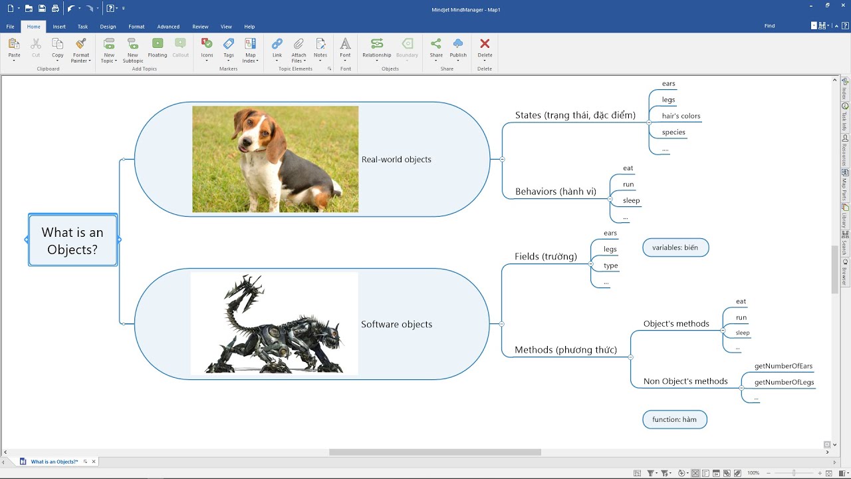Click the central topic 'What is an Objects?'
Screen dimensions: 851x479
click(x=72, y=240)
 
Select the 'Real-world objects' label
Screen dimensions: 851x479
click(x=396, y=159)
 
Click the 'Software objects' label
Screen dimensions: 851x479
click(x=396, y=324)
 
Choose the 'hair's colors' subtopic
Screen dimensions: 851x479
click(x=681, y=116)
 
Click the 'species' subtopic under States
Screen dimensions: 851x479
click(x=673, y=132)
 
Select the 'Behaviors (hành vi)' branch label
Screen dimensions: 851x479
click(x=555, y=192)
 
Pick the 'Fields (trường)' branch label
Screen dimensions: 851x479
click(x=546, y=257)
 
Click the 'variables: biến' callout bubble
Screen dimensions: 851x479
click(x=675, y=247)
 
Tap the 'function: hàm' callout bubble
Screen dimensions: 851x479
click(x=675, y=419)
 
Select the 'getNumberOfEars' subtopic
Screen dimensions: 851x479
click(x=783, y=366)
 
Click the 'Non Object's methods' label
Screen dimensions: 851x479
click(x=685, y=381)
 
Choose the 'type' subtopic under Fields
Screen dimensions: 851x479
click(x=611, y=265)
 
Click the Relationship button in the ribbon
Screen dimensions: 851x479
click(x=377, y=49)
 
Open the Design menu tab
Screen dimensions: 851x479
click(x=108, y=27)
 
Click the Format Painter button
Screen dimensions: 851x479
click(x=81, y=50)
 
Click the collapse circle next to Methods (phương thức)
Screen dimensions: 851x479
click(x=631, y=357)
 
